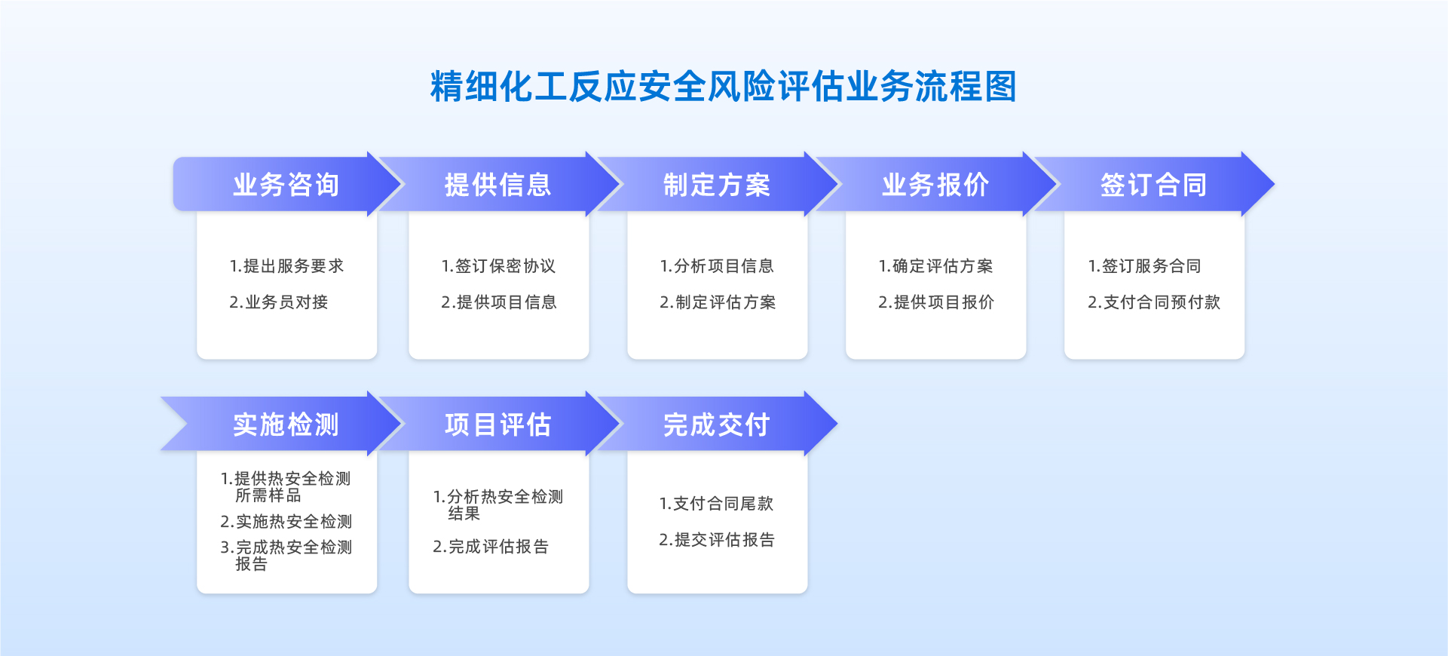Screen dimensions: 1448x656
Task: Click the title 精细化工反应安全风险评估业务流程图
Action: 724,87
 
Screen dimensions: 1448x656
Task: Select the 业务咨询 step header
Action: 286,185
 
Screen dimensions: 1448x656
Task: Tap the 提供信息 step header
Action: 498,185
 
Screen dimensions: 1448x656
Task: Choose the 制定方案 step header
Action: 717,185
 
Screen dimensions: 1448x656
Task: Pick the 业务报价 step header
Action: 935,185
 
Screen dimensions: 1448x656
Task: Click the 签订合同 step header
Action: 1154,185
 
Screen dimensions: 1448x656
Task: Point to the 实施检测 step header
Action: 286,425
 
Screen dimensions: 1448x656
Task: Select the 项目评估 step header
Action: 498,425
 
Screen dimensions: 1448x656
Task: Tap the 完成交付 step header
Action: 717,425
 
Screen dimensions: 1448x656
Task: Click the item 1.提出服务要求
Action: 286,266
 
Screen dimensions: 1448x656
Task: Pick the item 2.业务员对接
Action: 279,302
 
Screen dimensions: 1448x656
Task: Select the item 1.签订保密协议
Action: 498,266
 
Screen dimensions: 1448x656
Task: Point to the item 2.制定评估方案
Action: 718,302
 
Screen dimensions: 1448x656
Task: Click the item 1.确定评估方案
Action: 935,266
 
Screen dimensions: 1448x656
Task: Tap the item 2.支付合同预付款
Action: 1154,302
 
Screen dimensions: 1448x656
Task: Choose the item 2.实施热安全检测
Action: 286,522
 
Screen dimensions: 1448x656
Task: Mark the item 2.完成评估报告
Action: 491,547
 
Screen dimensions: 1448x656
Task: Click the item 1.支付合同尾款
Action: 716,504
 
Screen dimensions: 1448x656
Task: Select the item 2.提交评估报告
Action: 717,540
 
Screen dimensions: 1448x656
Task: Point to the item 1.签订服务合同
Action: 1144,266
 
